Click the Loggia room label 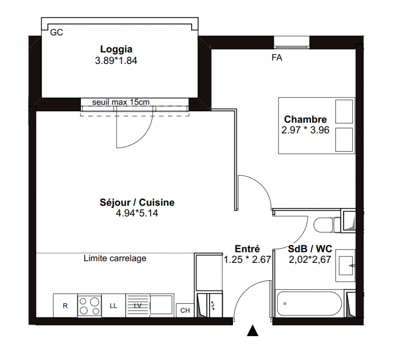tap(116, 49)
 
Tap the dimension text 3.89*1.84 tap(116, 61)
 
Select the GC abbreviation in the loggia tap(57, 32)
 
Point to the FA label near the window tap(277, 58)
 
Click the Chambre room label tap(305, 119)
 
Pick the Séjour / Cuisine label tap(137, 202)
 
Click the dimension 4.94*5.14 tap(137, 213)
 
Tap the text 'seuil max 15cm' tap(121, 102)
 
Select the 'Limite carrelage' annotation tap(115, 258)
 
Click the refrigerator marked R tap(65, 305)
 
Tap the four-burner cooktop tap(89, 305)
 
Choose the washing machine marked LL tap(113, 305)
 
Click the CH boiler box tap(185, 310)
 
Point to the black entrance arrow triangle tap(253, 331)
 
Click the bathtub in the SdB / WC tap(309, 303)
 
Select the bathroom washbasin tap(345, 265)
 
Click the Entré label tap(247, 249)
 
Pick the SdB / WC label tap(310, 249)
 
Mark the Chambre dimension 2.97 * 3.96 tap(305, 130)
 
